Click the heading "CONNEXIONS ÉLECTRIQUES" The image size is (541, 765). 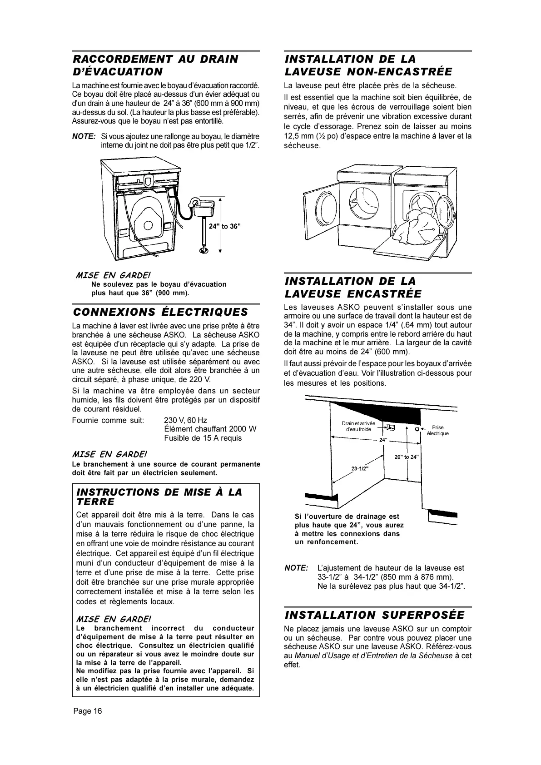[160, 312]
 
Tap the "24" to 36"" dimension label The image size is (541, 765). [224, 226]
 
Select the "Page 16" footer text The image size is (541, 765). [88, 711]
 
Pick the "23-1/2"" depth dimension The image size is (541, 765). [359, 468]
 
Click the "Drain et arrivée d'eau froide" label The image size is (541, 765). [358, 426]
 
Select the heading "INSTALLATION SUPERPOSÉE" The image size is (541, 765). [374, 615]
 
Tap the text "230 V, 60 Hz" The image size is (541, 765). [185, 420]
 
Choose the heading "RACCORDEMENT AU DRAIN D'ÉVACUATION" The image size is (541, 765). [155, 65]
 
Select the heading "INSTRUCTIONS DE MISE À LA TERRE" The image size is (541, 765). [159, 497]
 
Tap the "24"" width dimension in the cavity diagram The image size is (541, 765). [383, 440]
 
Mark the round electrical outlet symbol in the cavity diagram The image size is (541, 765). [417, 428]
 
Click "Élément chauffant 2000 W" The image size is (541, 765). [210, 429]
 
